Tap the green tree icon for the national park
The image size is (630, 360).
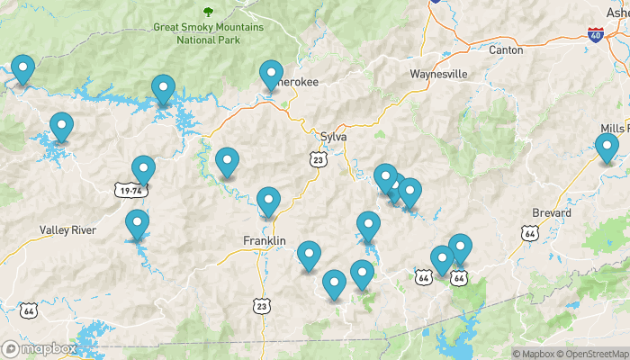tap(209, 13)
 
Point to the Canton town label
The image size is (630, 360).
tap(506, 50)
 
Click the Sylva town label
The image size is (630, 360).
tap(333, 137)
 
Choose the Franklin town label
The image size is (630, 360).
tap(265, 241)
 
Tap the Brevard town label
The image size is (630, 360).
tap(551, 213)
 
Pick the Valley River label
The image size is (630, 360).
tap(67, 230)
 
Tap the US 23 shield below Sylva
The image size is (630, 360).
tap(317, 159)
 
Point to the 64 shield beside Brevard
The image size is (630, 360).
tap(530, 234)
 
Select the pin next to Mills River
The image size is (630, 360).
tap(607, 147)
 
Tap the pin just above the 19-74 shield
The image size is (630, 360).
tap(143, 169)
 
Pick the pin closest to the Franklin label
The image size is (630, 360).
tap(268, 202)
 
